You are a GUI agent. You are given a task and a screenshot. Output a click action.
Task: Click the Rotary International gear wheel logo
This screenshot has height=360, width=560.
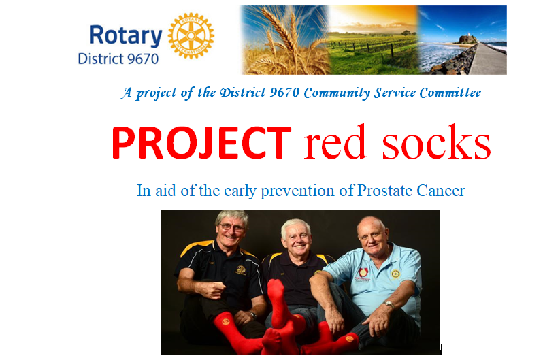pyautogui.click(x=191, y=35)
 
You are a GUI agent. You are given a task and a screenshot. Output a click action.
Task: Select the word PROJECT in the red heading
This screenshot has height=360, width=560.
pyautogui.click(x=201, y=142)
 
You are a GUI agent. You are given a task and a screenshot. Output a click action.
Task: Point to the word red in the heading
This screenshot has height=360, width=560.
pyautogui.click(x=335, y=142)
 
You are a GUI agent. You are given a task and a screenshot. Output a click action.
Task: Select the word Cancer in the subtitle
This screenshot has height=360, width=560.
pyautogui.click(x=441, y=191)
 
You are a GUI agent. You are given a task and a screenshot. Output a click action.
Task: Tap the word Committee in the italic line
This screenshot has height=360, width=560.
pyautogui.click(x=450, y=93)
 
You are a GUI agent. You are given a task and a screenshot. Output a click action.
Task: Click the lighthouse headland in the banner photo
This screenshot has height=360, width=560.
pyautogui.click(x=467, y=40)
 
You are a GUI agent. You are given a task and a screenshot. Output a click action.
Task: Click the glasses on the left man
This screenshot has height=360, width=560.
pyautogui.click(x=231, y=227)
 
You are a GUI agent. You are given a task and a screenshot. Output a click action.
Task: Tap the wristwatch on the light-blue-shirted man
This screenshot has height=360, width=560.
pyautogui.click(x=389, y=305)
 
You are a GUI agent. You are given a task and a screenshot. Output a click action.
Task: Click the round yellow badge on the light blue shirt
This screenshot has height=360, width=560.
pyautogui.click(x=395, y=274)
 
